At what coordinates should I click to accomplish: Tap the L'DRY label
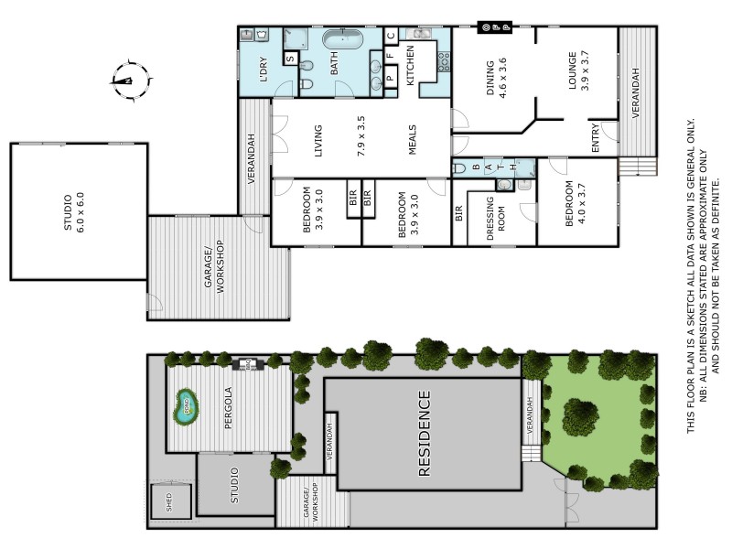tap(263, 71)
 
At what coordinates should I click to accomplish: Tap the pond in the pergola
tap(186, 402)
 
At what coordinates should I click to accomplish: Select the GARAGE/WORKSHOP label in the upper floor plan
tap(213, 266)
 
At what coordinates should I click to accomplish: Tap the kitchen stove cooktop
tap(443, 61)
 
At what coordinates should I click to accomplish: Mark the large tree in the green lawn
tap(580, 416)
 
